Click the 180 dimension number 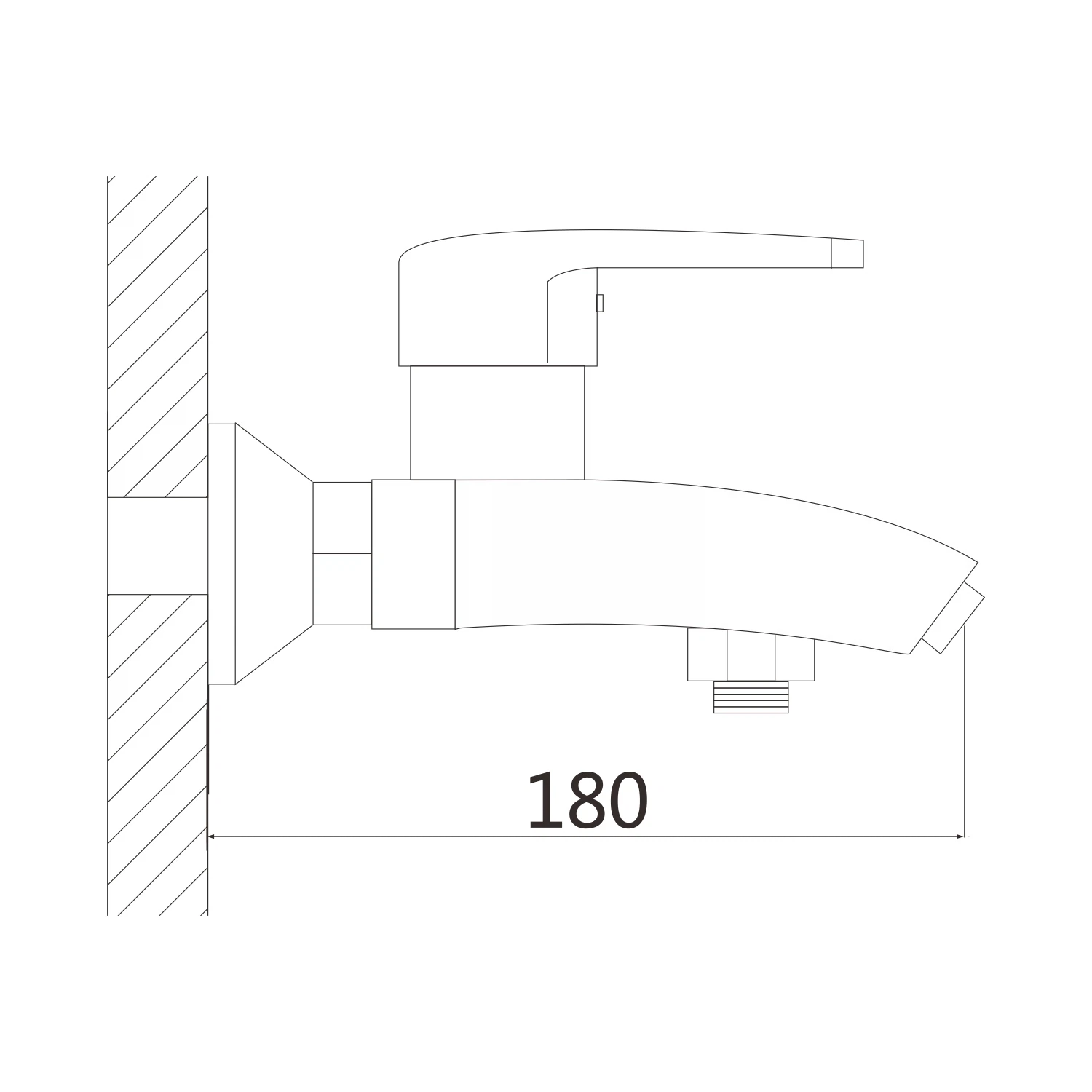pos(587,801)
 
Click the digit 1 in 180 pos(542,801)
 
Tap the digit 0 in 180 pos(627,801)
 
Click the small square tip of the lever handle pos(847,253)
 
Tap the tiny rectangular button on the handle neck pos(600,303)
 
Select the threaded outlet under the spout pos(751,697)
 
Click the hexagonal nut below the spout pos(751,655)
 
